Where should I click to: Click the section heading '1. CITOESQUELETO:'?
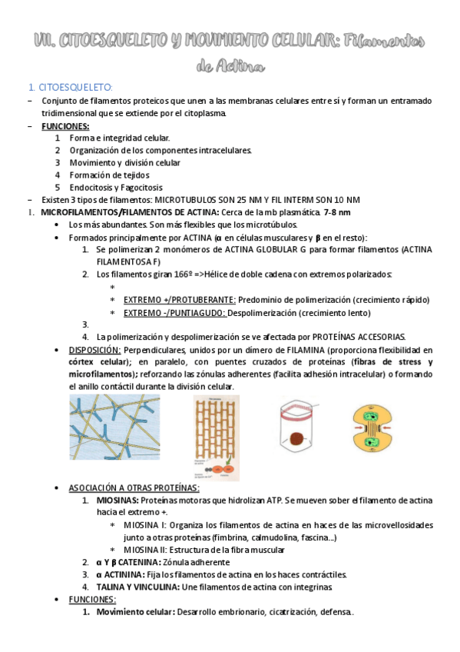coord(70,87)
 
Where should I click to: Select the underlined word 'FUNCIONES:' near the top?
coord(65,126)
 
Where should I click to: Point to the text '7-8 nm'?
coord(337,212)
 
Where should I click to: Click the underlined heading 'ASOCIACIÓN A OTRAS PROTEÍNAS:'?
coord(134,488)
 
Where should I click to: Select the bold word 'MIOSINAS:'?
coord(117,501)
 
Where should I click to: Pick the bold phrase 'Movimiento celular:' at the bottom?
coord(135,612)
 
